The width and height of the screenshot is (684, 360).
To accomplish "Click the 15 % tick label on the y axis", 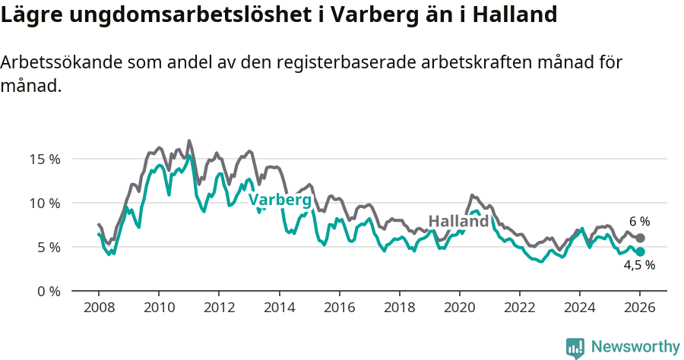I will [x=44, y=159].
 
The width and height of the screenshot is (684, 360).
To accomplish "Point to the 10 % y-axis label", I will [x=44, y=204].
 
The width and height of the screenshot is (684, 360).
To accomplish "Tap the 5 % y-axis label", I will [x=47, y=248].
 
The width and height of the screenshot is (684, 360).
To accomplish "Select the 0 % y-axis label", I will [x=47, y=291].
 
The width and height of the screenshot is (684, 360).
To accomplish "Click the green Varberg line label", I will [x=280, y=201].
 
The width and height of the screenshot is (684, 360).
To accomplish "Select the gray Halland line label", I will [x=458, y=222].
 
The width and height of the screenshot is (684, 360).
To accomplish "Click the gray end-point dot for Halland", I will [x=640, y=238].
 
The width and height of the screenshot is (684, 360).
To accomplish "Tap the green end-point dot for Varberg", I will [x=640, y=251].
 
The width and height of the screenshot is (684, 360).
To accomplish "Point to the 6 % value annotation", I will [x=639, y=222].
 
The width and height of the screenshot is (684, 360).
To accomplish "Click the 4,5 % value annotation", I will [x=639, y=266].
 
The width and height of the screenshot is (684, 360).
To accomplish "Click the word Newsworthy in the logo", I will [x=635, y=347].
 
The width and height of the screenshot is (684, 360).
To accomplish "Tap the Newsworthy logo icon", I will [x=575, y=348].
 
